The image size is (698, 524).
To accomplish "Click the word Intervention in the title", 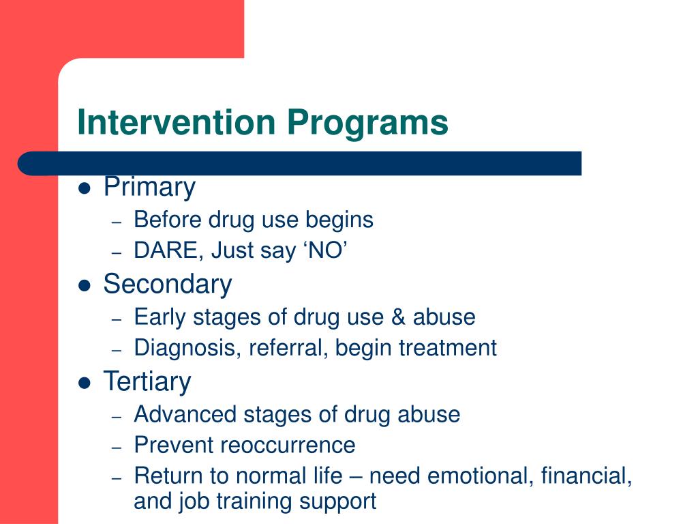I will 176,123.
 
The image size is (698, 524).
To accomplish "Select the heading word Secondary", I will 167,285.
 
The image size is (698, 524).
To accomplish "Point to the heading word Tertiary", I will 147,382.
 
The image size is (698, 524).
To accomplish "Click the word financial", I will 586,476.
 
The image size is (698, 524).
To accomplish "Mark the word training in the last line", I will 247,501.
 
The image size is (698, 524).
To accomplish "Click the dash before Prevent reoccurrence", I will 117,447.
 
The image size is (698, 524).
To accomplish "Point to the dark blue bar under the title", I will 300,164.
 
